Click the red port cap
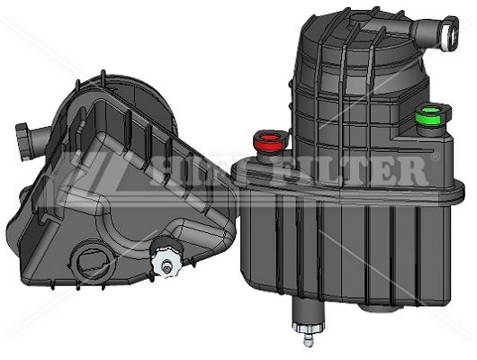[269, 141]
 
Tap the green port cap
[429, 116]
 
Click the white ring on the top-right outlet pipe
[449, 33]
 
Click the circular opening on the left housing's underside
[92, 262]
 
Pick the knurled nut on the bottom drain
[308, 327]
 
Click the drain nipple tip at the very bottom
[309, 340]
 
